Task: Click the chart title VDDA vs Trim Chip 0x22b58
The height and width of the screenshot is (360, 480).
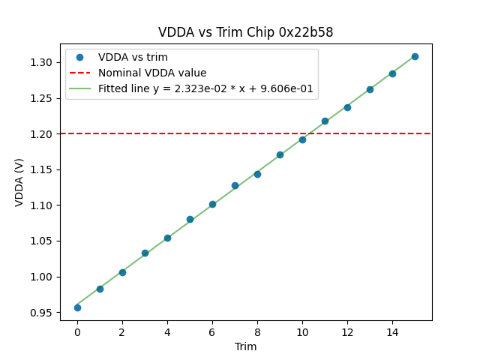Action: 245,32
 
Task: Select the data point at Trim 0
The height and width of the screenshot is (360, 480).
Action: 77,307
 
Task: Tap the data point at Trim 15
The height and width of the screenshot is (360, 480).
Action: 415,56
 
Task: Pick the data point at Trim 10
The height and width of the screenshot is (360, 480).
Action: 302,139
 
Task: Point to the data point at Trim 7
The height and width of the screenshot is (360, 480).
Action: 235,185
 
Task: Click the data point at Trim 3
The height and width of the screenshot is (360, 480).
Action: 145,253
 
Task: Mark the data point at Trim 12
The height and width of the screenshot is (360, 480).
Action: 347,107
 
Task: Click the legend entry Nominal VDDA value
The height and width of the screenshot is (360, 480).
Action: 152,73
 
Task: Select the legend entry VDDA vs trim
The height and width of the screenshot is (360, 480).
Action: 133,58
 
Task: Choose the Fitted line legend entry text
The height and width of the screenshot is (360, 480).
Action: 205,88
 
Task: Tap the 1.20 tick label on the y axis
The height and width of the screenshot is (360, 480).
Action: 43,134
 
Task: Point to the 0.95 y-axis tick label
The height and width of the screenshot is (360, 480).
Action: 43,313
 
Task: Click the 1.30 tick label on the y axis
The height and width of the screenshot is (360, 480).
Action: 43,62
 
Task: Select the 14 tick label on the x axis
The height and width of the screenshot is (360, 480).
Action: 392,331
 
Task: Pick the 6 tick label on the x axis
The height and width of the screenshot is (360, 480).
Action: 212,331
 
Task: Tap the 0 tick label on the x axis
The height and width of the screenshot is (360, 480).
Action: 77,331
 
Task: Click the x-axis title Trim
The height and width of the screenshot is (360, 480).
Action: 245,346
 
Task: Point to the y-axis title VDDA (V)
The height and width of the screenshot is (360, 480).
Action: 19,182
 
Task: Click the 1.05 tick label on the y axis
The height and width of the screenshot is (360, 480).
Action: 43,241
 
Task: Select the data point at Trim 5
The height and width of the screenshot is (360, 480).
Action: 190,219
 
